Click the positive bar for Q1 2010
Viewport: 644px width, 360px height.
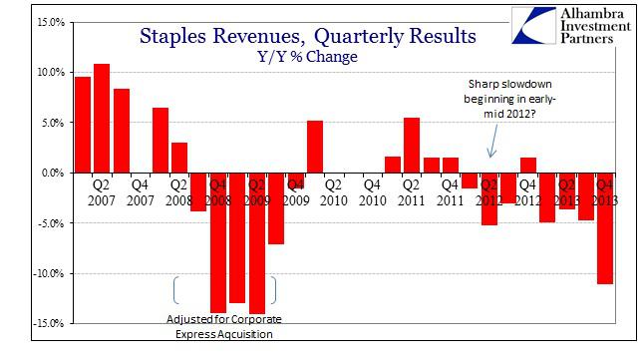pos(314,147)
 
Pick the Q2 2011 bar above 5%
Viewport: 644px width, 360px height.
pos(412,145)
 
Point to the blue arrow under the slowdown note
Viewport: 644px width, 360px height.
pos(489,147)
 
